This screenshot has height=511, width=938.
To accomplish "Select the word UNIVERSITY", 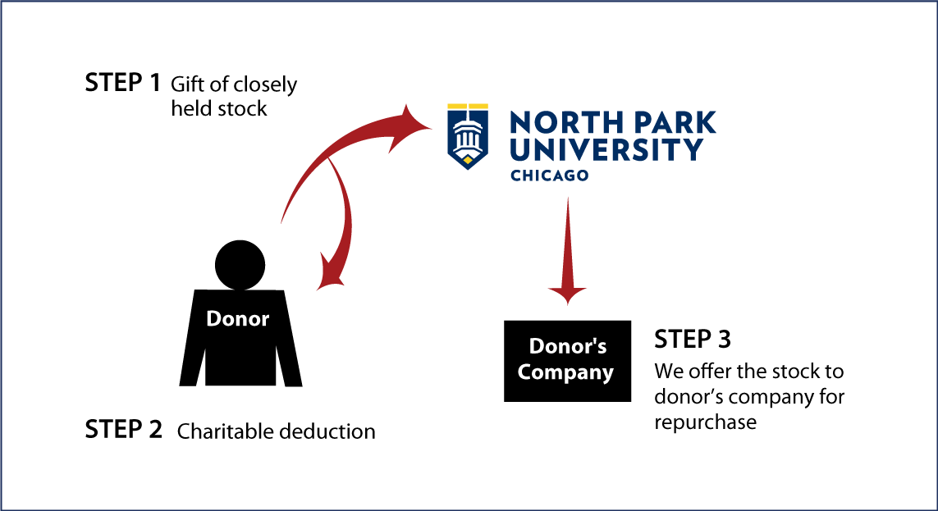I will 606,150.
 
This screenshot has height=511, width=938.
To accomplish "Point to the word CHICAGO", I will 549,176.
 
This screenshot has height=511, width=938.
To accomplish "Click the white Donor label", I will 237,319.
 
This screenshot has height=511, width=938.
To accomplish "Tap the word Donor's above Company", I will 567,346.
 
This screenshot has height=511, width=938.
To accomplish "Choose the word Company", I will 565,372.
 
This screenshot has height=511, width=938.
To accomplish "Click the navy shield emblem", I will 468,138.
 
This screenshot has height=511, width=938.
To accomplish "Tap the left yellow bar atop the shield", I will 456,106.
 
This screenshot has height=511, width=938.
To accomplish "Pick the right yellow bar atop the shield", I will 478,106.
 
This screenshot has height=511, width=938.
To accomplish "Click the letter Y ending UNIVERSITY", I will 693,150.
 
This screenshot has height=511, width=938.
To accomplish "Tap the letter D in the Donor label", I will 214,319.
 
